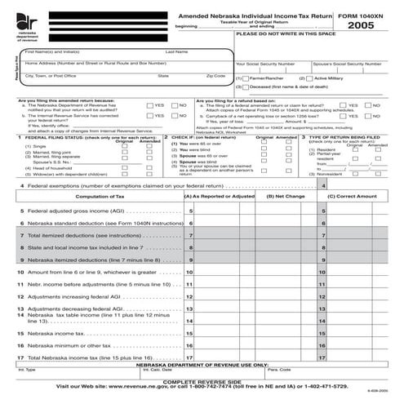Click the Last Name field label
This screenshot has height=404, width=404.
point(177,51)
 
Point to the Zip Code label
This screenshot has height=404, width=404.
point(215,75)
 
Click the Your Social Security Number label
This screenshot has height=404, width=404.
point(265,63)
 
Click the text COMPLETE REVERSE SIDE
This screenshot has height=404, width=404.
point(202,380)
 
